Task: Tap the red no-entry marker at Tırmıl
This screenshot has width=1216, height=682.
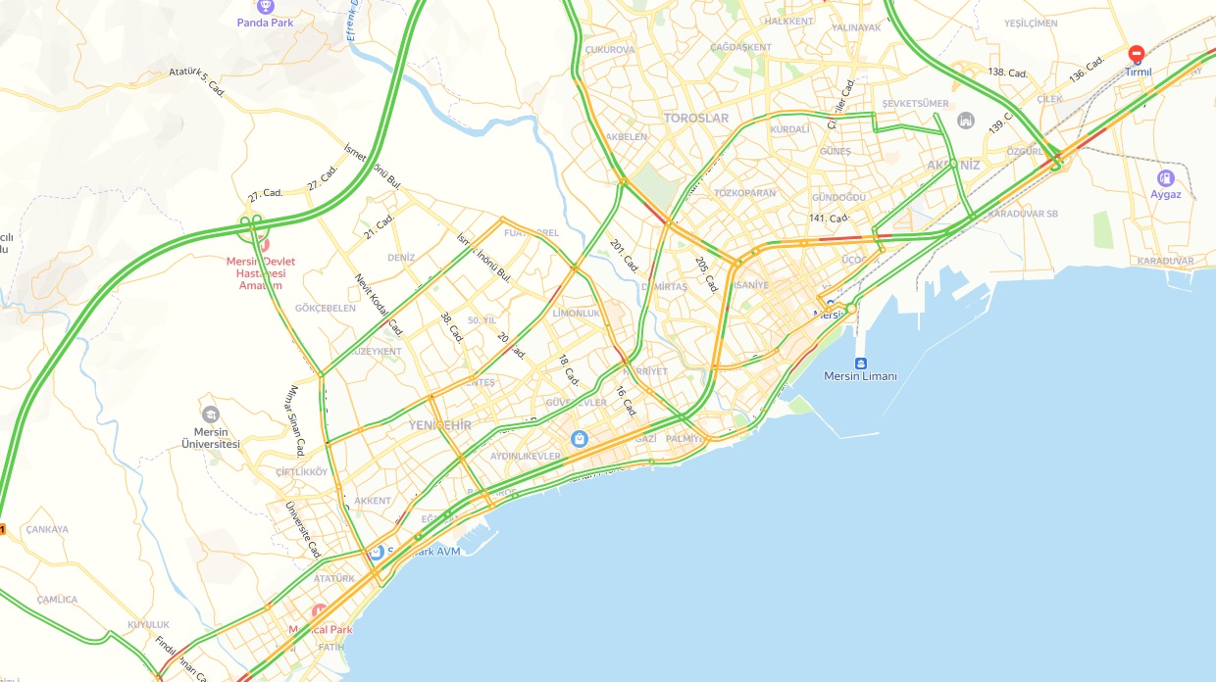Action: (x=1137, y=54)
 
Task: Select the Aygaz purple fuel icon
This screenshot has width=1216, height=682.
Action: (x=1165, y=178)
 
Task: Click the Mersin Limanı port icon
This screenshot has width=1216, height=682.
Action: (x=860, y=363)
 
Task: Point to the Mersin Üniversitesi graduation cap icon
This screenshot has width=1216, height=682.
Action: (x=210, y=414)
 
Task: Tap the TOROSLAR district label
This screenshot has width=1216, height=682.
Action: (x=696, y=119)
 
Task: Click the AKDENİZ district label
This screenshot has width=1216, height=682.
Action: (x=953, y=166)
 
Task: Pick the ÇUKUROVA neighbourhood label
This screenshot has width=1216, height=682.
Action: (x=609, y=50)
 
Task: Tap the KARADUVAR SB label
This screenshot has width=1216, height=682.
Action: (x=1023, y=214)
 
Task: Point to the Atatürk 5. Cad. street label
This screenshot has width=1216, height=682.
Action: (x=197, y=82)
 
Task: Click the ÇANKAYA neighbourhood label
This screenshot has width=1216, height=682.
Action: (x=46, y=530)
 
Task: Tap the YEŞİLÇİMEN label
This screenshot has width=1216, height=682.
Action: (x=1031, y=24)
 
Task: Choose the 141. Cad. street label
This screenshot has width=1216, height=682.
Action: (x=829, y=219)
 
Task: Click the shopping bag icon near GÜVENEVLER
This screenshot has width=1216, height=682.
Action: (x=580, y=438)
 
